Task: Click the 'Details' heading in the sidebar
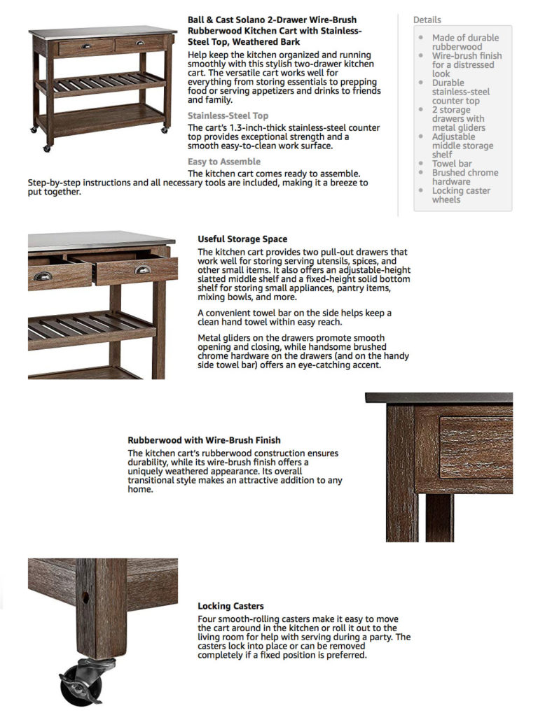coord(427,20)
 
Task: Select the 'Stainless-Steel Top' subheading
coord(228,116)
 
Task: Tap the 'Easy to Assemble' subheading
coord(223,162)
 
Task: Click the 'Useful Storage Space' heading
coord(242,239)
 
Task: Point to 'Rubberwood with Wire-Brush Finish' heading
coord(204,441)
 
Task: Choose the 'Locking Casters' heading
coord(230,606)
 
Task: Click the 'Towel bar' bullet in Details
coord(452,164)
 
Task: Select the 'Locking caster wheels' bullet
coord(461,195)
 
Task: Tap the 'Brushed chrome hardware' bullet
coord(465,177)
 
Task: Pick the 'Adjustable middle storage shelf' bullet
coord(462,146)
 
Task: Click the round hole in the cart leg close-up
coord(85,599)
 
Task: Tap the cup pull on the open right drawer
coord(143,269)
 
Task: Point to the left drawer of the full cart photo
coord(85,48)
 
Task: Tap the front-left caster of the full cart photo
coord(48,148)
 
